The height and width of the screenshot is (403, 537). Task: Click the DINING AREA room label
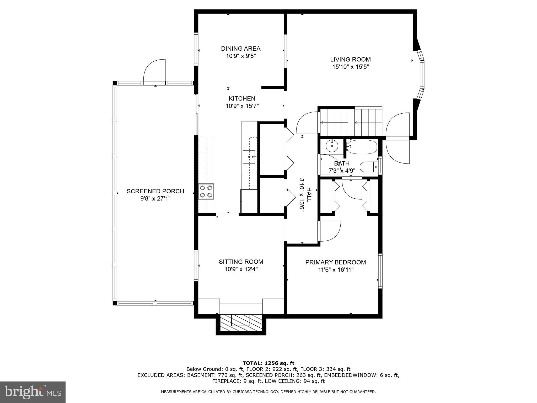click(241, 49)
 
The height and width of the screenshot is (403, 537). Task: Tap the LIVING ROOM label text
click(350, 60)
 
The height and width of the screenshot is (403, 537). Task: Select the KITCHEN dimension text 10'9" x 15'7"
click(242, 106)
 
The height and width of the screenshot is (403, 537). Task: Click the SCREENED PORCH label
click(155, 191)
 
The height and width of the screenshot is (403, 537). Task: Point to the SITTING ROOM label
click(241, 262)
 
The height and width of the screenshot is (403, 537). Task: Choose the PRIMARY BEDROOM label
click(335, 262)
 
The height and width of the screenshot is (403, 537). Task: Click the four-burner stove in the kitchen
click(206, 191)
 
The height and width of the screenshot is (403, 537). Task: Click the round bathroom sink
click(332, 146)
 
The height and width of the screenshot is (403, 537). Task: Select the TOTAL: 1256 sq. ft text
click(268, 363)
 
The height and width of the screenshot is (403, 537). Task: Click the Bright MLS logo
click(33, 392)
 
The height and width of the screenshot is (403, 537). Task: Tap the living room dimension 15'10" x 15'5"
click(351, 67)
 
